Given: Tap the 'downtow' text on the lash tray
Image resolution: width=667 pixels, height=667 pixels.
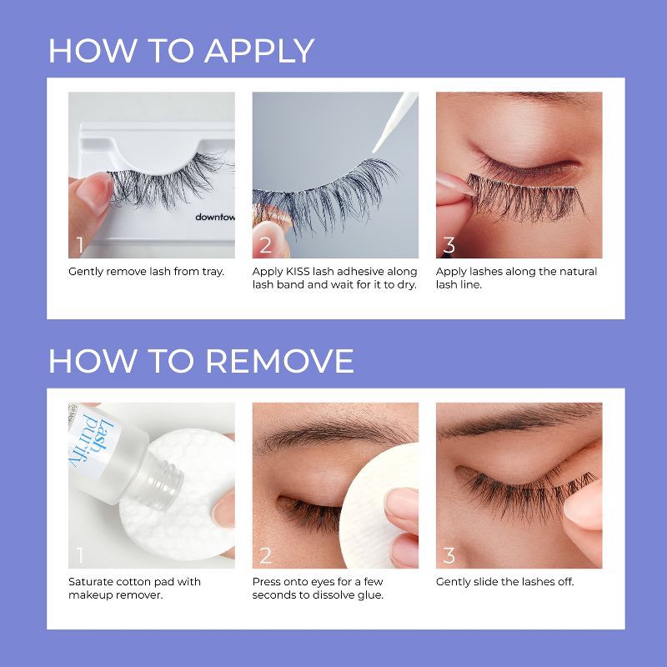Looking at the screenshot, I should coord(214,217).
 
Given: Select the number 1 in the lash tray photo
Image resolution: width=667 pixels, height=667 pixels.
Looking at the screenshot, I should coord(80,245).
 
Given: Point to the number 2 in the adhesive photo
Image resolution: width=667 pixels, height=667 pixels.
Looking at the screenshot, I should coord(265,245).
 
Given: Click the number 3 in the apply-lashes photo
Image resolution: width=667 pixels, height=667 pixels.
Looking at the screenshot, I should coord(449,245).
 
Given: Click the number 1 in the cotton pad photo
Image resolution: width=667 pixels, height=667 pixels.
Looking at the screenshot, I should coord(80,555).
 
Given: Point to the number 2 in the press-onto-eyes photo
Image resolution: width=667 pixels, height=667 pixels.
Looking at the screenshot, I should coord(265,555).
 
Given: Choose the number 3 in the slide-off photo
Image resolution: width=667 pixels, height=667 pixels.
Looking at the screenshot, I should coord(449,555).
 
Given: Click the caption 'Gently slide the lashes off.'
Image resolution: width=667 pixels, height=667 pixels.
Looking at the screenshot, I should coord(505,582).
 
